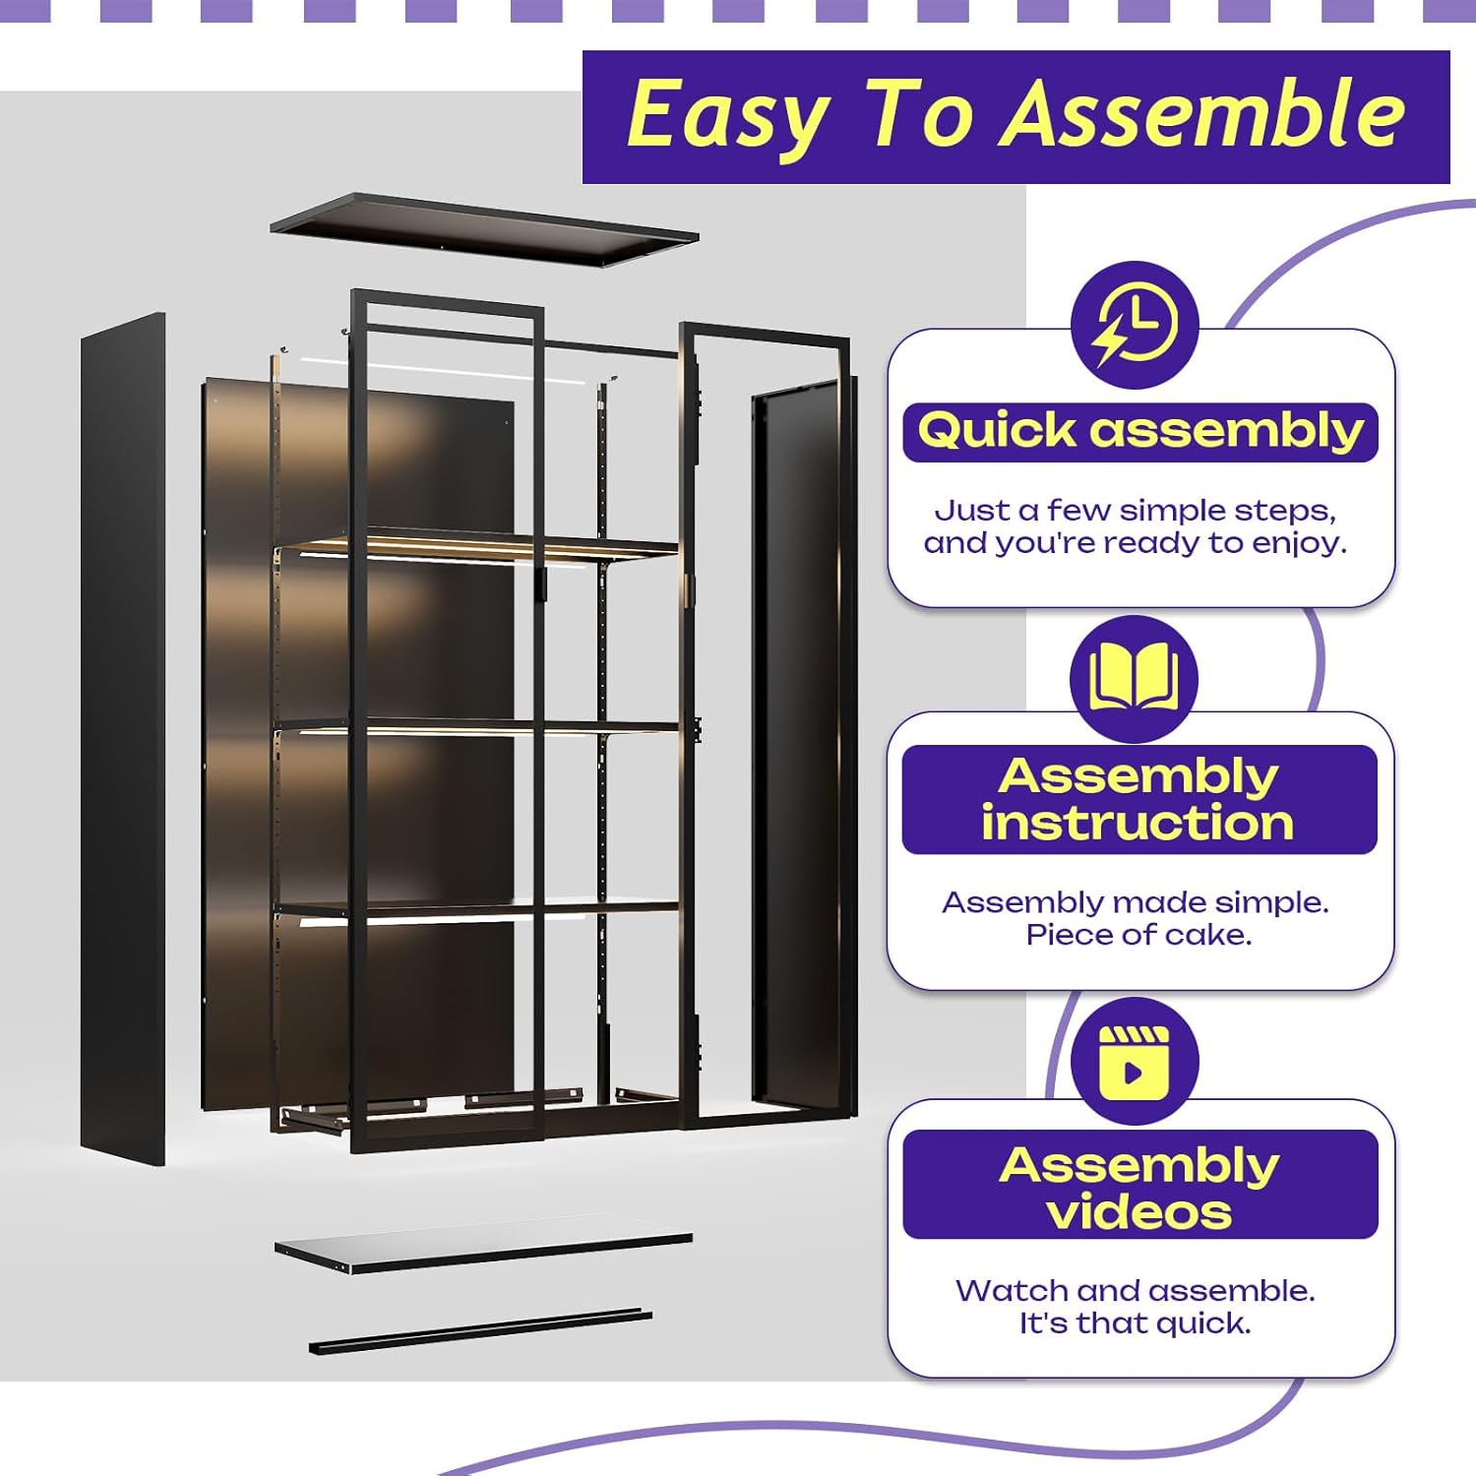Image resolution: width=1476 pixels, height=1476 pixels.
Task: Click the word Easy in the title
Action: point(727,116)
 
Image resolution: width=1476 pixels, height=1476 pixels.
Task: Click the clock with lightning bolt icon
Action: point(1135,324)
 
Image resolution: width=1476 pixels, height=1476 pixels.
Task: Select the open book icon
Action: point(1134,678)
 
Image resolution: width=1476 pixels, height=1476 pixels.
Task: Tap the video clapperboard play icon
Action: point(1134,1062)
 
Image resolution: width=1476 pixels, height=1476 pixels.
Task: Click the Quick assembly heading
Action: point(1139,431)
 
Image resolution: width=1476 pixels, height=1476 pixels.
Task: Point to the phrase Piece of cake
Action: point(1138,935)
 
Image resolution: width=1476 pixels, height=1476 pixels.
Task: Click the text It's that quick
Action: point(1135,1323)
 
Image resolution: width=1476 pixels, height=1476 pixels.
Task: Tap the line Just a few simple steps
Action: point(1135,510)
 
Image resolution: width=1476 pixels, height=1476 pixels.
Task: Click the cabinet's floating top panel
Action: point(484,229)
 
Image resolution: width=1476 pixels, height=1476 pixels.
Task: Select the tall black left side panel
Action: point(123,738)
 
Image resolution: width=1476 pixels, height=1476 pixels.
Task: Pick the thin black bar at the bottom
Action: point(480,1330)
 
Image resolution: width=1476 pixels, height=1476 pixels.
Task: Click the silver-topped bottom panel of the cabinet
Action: point(482,1251)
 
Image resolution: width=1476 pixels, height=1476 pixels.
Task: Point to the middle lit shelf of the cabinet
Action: point(477,727)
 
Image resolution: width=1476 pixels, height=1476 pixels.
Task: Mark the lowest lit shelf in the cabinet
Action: point(477,910)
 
